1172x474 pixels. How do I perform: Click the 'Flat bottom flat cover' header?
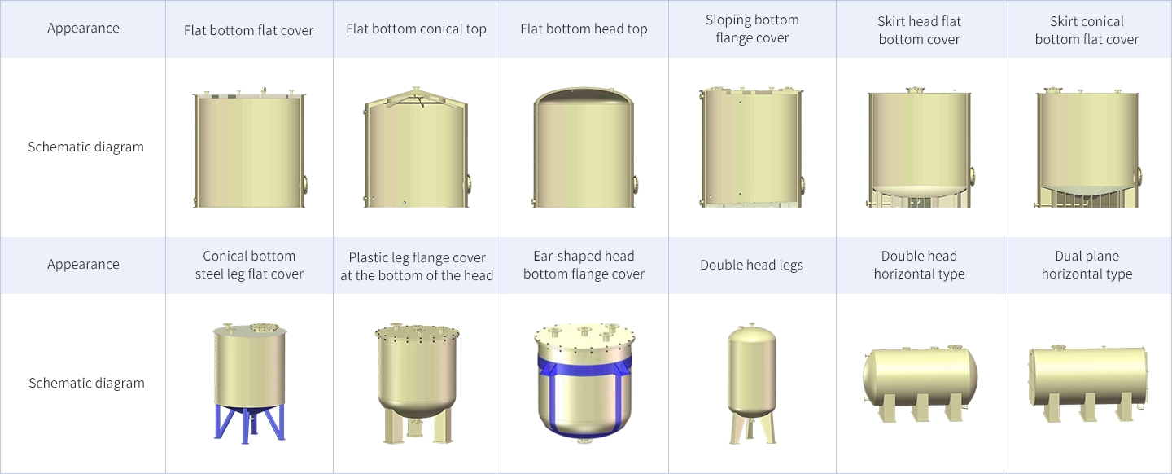[x=248, y=30]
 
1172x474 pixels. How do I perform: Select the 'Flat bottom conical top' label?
[x=417, y=29]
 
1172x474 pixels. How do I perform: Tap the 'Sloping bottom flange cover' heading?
[x=752, y=29]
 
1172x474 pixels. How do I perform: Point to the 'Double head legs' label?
[x=752, y=265]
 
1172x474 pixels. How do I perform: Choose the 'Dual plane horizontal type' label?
[x=1087, y=265]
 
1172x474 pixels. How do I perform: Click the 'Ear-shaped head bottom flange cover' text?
[x=584, y=265]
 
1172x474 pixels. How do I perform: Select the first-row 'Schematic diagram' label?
[x=85, y=147]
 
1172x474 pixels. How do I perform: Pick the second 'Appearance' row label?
[x=83, y=264]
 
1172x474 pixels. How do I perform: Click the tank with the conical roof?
[x=417, y=147]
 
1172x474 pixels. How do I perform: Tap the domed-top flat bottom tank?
[x=584, y=147]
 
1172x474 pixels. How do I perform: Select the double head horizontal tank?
[x=920, y=383]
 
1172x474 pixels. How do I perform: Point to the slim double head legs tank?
[x=752, y=384]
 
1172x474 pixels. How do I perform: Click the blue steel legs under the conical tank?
[x=250, y=424]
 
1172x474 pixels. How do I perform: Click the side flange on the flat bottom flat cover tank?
[x=304, y=184]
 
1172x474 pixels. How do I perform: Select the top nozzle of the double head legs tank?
[x=752, y=325]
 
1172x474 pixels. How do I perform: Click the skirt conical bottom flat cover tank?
[x=1087, y=147]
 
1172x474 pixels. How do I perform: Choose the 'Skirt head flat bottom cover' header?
[x=920, y=30]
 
